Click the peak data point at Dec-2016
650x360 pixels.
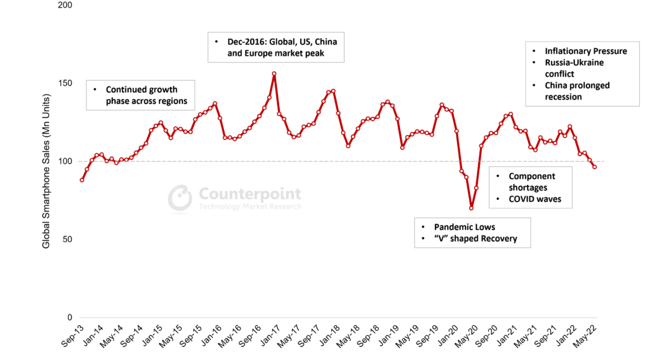[274, 74]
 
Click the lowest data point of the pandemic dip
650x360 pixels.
[472, 208]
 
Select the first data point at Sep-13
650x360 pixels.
[82, 180]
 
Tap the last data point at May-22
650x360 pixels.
[595, 167]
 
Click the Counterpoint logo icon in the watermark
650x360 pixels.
[180, 197]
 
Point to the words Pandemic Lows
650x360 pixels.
[465, 227]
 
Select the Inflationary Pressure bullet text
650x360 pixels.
[586, 51]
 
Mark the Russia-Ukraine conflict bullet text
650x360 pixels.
[574, 68]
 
